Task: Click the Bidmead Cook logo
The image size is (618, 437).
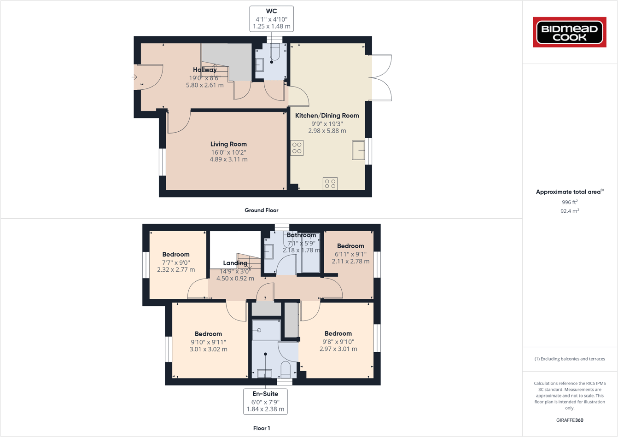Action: pos(569,32)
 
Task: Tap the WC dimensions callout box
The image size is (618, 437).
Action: pos(272,19)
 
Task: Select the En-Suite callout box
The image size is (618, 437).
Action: pos(265,402)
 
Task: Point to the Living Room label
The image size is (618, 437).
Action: pos(228,144)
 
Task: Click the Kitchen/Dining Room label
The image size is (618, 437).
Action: pos(327,116)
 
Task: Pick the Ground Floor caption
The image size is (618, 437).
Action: pos(261,210)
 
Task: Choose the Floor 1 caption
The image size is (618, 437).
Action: pos(262,428)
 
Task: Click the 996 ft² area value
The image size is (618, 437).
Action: pos(570,202)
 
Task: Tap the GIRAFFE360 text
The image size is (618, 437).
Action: pos(570,420)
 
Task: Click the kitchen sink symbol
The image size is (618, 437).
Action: pos(358,150)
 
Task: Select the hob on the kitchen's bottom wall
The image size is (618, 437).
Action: pos(330,184)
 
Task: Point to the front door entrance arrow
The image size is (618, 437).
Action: pos(134,77)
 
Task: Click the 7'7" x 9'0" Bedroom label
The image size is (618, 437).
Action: pos(176,255)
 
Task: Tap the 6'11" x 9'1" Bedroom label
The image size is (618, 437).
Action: pos(350,246)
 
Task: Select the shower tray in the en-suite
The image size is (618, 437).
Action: pos(266,330)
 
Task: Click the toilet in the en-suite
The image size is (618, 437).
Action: pos(286,369)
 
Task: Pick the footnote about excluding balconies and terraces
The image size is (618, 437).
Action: pos(570,359)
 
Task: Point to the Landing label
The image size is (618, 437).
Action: pos(235,263)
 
